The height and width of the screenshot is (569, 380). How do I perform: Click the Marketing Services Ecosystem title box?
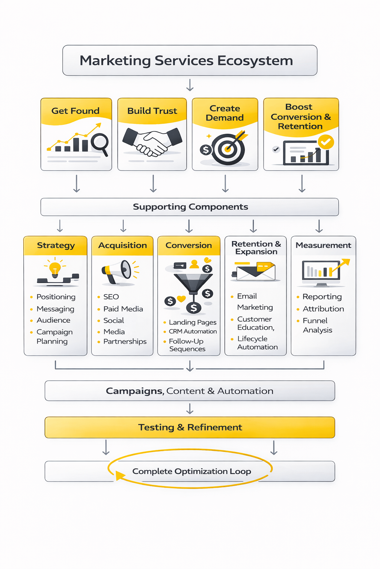190,60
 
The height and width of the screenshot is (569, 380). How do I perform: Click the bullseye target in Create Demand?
228,150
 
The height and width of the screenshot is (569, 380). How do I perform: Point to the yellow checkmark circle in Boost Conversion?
326,142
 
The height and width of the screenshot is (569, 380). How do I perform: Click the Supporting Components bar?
190,207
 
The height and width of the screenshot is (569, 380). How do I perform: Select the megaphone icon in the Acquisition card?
118,272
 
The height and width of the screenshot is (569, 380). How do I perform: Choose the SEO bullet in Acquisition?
111,297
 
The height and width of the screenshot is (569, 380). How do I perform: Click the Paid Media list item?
123,309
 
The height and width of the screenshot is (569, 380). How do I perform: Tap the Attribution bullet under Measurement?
323,309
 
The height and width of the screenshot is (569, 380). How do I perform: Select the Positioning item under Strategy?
56,297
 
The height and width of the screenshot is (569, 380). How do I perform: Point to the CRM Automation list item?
193,332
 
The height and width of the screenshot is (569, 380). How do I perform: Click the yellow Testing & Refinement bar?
190,427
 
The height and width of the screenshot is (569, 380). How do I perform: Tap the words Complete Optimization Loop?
191,471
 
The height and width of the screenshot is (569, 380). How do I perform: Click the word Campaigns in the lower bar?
134,391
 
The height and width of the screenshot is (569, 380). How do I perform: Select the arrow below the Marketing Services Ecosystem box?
190,85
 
